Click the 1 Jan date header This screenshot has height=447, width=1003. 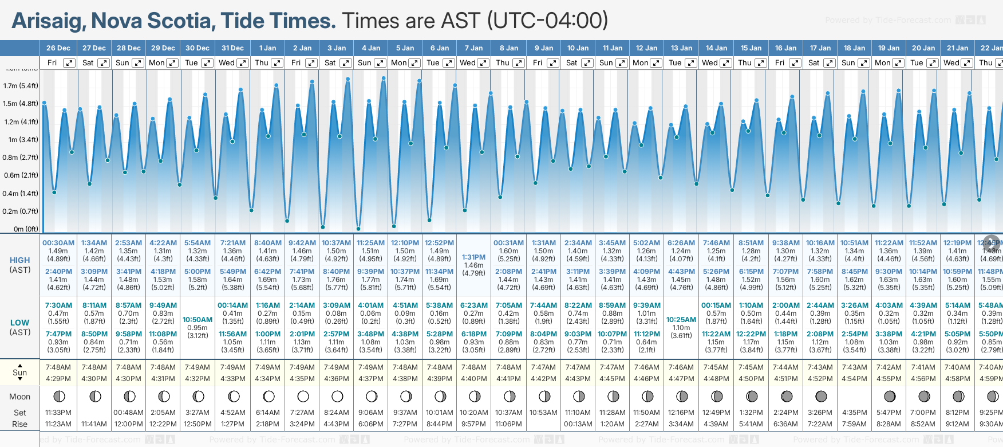click(267, 48)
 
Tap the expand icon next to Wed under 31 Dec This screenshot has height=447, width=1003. click(242, 63)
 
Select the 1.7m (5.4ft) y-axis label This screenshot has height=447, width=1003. click(21, 86)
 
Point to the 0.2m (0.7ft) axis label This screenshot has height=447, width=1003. click(21, 211)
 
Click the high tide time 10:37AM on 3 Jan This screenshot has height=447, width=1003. click(336, 243)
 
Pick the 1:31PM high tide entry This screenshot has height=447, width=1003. click(473, 257)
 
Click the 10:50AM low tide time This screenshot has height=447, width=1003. click(198, 320)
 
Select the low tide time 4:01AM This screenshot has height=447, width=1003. click(370, 305)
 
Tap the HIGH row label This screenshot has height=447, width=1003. click(20, 260)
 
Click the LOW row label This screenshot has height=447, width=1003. click(20, 323)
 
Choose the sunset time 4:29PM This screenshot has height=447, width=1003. click(58, 379)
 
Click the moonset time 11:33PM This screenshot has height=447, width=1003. click(58, 413)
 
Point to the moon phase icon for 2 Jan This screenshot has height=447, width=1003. click(303, 397)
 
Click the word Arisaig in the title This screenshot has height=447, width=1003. click(49, 21)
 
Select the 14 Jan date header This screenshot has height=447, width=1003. click(716, 48)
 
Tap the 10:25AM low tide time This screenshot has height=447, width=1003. click(681, 320)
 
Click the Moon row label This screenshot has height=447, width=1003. click(20, 397)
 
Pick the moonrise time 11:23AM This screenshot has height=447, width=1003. click(58, 424)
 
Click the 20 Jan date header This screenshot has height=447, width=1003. click(923, 48)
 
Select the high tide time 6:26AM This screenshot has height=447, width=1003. click(681, 243)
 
